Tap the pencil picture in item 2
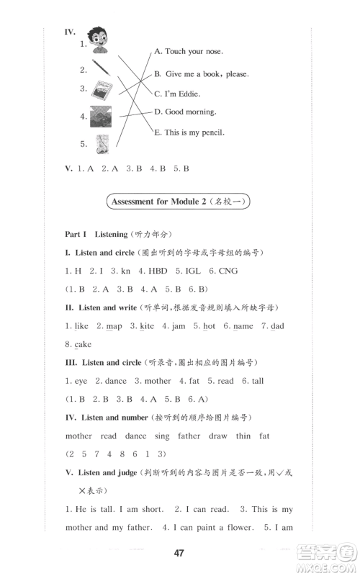click(x=100, y=68)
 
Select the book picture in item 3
click(x=98, y=91)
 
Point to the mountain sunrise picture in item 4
click(x=99, y=115)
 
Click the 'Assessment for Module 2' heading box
click(x=179, y=202)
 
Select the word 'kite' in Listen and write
click(x=147, y=326)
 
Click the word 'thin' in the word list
click(x=243, y=436)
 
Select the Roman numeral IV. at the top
click(x=71, y=32)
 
